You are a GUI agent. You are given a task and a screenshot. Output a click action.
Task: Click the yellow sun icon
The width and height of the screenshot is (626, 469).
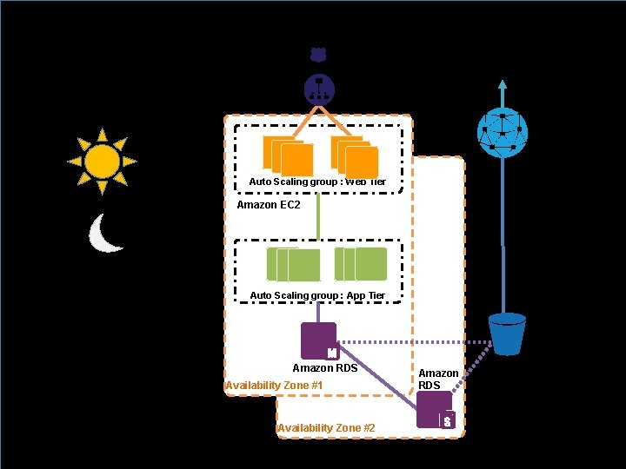103,161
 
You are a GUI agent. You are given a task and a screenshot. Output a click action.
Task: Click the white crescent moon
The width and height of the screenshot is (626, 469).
105,234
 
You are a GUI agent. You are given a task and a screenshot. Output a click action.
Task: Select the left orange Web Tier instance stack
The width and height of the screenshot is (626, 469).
288,156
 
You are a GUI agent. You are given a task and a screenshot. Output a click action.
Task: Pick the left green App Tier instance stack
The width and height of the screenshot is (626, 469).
293,264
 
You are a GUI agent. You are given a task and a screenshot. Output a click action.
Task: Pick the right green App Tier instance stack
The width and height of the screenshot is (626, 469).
361,264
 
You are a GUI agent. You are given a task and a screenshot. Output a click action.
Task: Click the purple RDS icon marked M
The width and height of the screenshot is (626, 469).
318,340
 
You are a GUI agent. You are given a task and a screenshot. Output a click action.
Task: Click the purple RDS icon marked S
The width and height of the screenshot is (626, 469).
435,409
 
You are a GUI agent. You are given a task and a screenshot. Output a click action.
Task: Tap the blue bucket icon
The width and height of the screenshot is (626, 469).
507,334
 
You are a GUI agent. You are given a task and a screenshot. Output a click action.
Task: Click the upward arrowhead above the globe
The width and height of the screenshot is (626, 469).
502,85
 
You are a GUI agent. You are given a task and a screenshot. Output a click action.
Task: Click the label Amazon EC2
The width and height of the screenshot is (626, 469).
269,205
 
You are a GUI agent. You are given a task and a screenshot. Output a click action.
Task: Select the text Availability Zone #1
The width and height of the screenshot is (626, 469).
274,385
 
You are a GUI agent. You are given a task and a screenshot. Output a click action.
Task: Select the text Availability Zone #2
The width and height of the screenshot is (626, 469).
326,427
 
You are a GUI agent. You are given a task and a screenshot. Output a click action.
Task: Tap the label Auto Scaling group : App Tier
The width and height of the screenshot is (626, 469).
317,295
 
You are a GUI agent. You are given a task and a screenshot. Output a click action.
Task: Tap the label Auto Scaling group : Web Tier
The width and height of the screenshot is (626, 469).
317,182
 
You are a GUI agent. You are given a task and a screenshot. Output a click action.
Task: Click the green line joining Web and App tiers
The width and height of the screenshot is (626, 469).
318,215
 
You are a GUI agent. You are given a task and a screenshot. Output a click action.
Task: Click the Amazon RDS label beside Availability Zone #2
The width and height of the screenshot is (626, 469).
438,379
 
